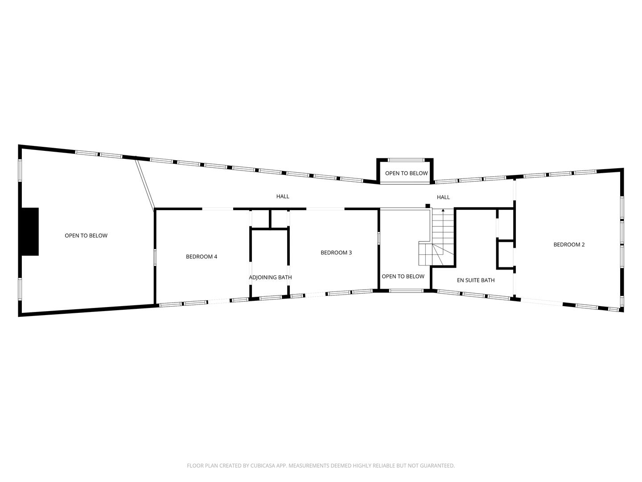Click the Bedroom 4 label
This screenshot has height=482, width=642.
pyautogui.click(x=202, y=257)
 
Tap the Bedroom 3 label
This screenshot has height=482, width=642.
pyautogui.click(x=336, y=253)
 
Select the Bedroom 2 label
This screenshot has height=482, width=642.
pyautogui.click(x=569, y=245)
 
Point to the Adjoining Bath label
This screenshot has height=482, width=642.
pyautogui.click(x=270, y=278)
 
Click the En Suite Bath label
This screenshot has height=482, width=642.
pyautogui.click(x=476, y=280)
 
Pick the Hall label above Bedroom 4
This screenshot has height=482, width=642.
pyautogui.click(x=283, y=196)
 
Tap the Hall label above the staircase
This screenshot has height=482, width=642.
pyautogui.click(x=443, y=197)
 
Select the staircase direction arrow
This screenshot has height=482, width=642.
pyautogui.click(x=443, y=210)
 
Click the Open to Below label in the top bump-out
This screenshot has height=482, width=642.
pyautogui.click(x=406, y=173)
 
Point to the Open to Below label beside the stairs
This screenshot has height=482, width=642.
pyautogui.click(x=403, y=277)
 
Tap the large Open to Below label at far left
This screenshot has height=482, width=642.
pyautogui.click(x=86, y=236)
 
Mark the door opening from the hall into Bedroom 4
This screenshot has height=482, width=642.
pyautogui.click(x=218, y=208)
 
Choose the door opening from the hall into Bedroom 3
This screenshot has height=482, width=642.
pyautogui.click(x=325, y=208)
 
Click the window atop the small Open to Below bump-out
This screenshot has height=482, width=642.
pyautogui.click(x=406, y=160)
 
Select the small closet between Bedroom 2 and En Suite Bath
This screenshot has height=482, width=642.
pyautogui.click(x=506, y=254)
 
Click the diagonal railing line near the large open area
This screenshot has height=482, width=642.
pyautogui.click(x=145, y=183)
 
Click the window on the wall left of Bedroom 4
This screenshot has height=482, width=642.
pyautogui.click(x=155, y=258)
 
